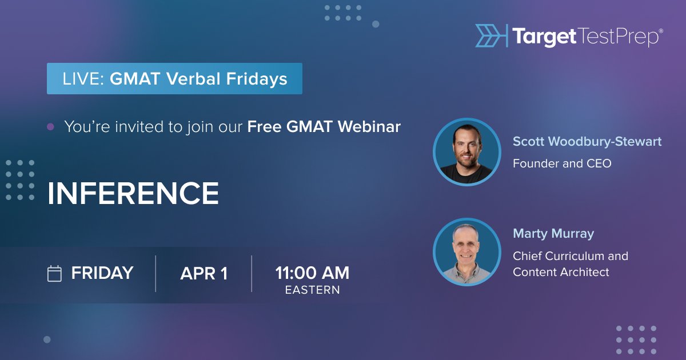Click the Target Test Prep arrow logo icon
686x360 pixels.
pos(490,35)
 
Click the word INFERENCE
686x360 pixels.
pos(133,194)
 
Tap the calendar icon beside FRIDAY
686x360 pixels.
pos(54,274)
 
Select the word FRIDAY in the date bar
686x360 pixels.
pos(102,273)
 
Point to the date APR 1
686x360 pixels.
pos(204,274)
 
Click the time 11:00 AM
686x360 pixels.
pos(312,273)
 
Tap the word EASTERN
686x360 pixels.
pos(312,290)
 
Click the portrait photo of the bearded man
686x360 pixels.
pos(466,153)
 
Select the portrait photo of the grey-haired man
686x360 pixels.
pos(466,252)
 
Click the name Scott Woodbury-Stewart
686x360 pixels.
pos(587,142)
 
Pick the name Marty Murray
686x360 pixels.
pos(553,234)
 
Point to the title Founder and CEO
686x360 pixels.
pos(562,163)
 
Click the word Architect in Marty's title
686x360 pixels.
pos(586,272)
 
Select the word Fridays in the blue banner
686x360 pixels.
pos(256,78)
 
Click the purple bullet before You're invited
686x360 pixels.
pos(50,127)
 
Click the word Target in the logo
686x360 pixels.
pos(544,37)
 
